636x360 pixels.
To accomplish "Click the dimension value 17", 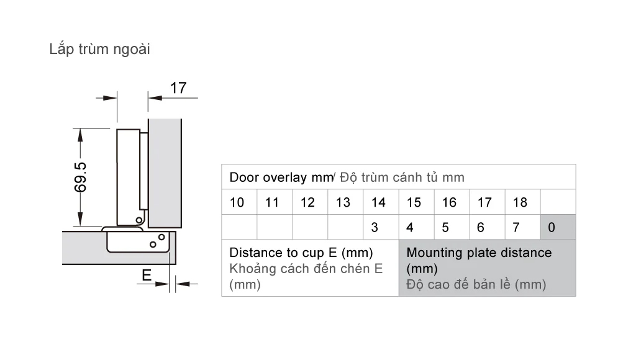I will pos(178,88).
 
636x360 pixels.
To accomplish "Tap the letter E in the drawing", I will pos(147,274).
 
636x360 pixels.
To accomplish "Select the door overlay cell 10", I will pos(237,202).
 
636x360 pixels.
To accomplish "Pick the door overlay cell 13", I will pos(343,202).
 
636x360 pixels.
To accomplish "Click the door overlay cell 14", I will pos(378,202).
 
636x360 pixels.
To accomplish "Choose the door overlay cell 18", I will pos(520,202).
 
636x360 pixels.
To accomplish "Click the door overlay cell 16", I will pos(449,202).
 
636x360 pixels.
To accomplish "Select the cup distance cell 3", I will pos(375,228).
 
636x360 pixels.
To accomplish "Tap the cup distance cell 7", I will pos(516,228).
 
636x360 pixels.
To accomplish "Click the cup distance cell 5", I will pos(445,228).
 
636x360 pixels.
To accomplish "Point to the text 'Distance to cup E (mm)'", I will pos(301,253).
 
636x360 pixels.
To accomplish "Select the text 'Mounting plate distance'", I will pos(479,253).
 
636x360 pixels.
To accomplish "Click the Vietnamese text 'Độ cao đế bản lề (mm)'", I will pos(476,285).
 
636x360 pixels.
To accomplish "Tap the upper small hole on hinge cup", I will pos(161,236).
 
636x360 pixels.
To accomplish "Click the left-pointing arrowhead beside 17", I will pos(153,97).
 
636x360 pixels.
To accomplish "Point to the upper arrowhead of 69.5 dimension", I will pos(80,133).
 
